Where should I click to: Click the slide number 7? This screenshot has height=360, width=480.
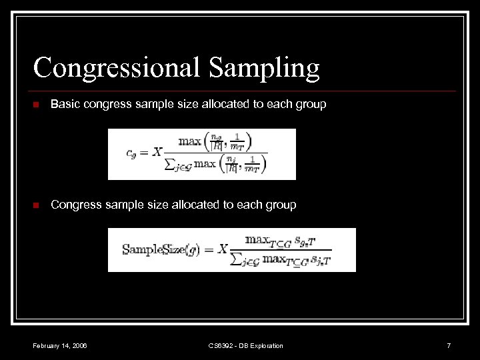pos(449,345)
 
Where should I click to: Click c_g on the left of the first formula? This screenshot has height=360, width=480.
pos(131,153)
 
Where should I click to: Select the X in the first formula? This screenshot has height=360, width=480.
pos(157,152)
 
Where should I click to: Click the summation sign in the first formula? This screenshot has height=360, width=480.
pos(171,165)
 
